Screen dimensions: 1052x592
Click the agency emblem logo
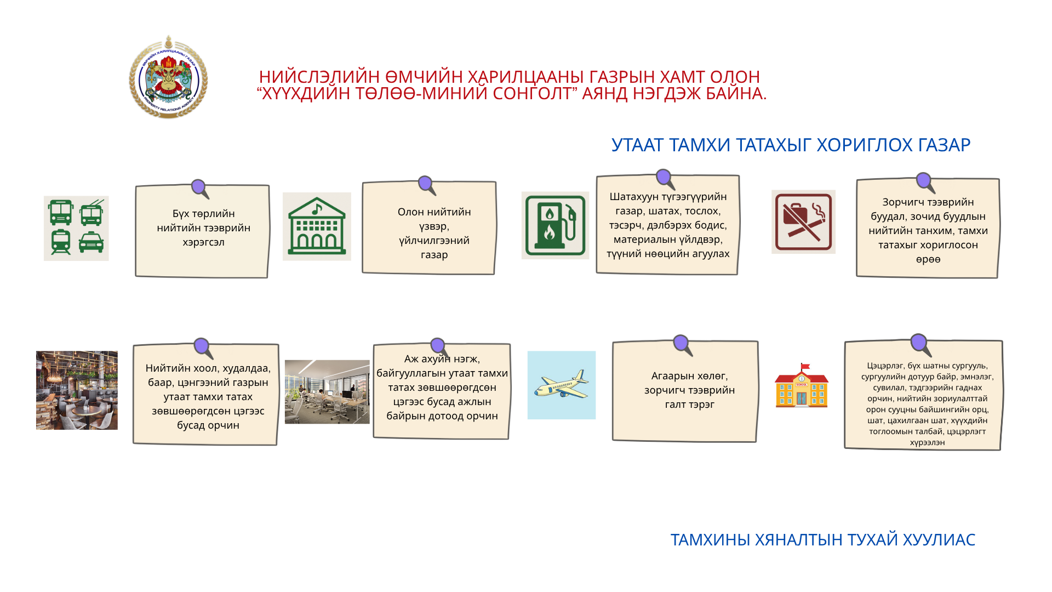tap(168, 77)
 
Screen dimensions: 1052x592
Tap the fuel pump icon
tap(555, 225)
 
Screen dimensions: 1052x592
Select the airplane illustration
tap(561, 385)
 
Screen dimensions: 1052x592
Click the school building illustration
tap(802, 385)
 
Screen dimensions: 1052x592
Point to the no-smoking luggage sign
tap(803, 222)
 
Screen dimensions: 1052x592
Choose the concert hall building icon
tap(317, 226)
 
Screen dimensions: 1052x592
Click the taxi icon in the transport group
tap(91, 242)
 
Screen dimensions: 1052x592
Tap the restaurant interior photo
tap(77, 390)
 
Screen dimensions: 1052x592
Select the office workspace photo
tap(327, 391)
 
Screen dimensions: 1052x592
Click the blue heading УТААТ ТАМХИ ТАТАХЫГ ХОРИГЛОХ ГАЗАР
tap(791, 145)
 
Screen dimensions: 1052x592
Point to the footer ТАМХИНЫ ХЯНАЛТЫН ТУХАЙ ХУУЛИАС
tap(822, 540)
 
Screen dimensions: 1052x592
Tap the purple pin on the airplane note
tap(682, 345)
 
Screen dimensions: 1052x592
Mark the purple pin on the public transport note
tap(200, 189)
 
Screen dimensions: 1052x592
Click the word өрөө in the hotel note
tap(928, 259)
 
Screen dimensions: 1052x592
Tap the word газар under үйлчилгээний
tap(434, 255)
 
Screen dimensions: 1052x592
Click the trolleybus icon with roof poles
tap(92, 213)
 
